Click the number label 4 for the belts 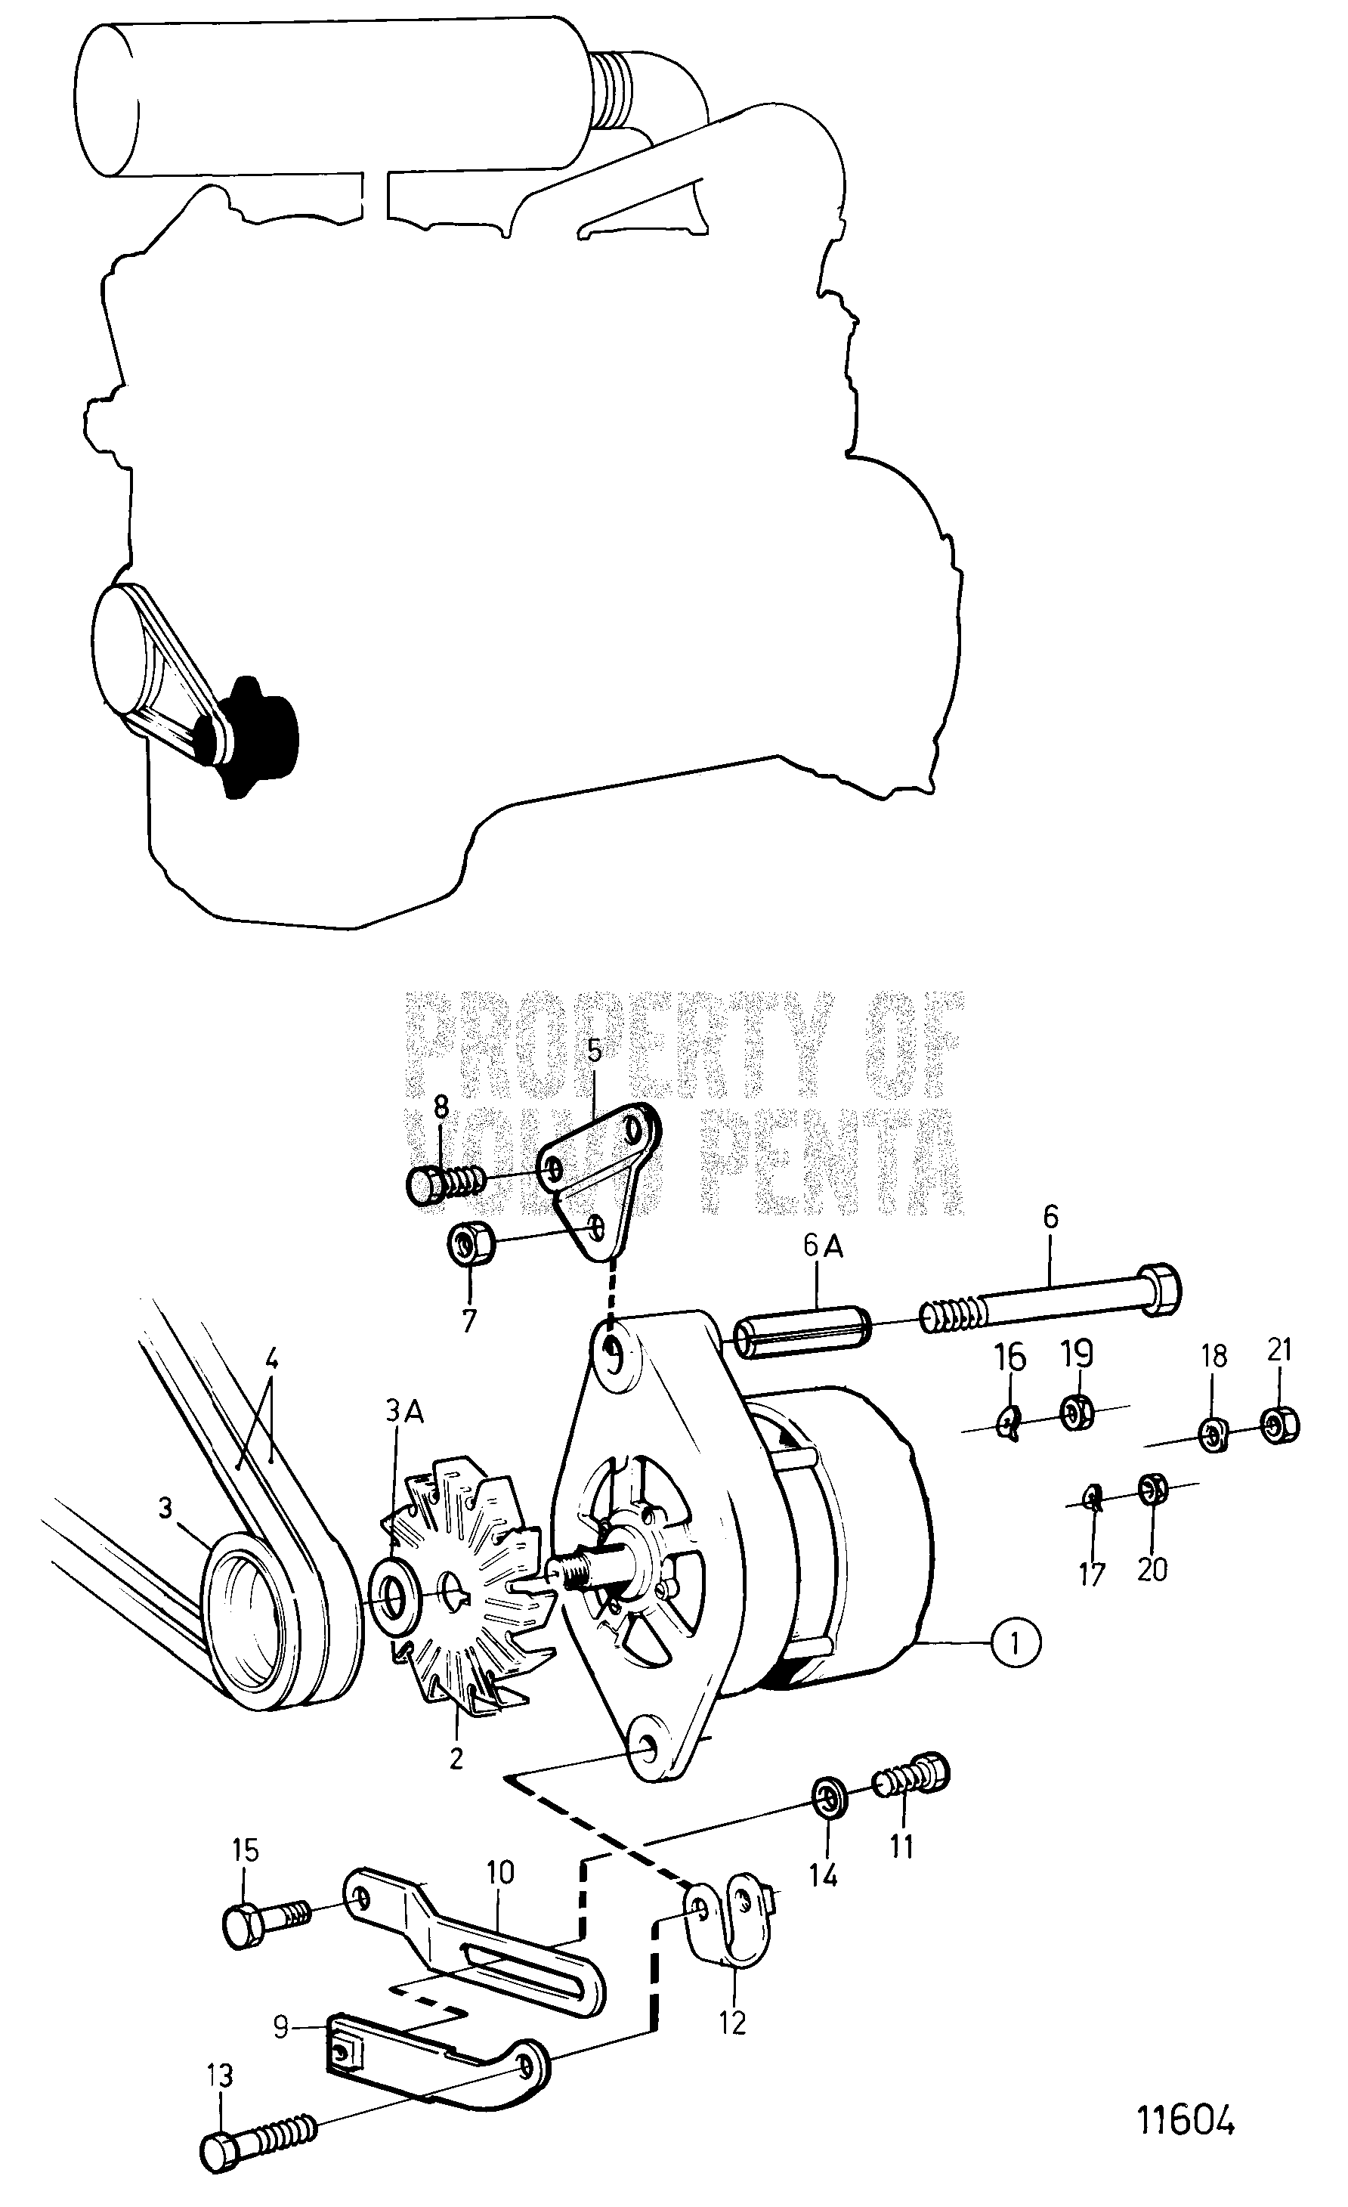(271, 1360)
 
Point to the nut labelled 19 (1074, 1414)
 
